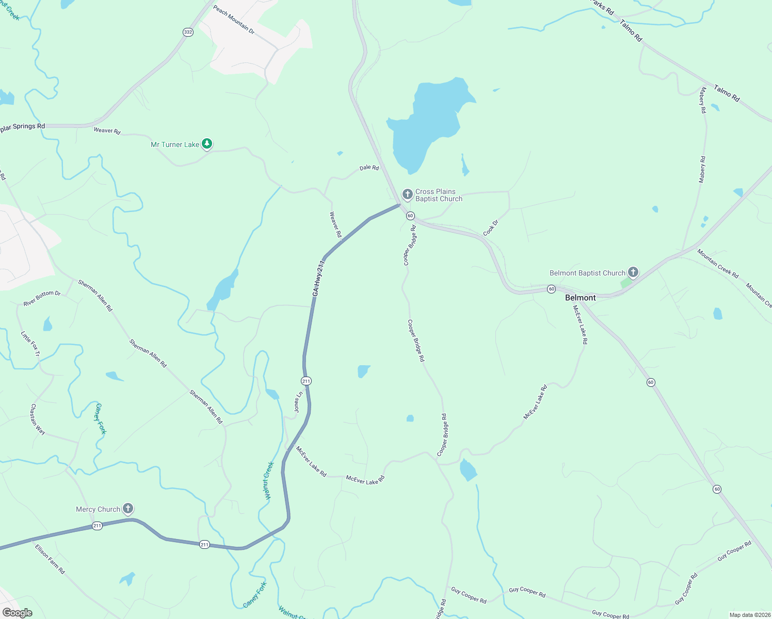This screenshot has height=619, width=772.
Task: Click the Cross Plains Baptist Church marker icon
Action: [407, 194]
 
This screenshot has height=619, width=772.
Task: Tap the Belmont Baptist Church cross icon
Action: [633, 272]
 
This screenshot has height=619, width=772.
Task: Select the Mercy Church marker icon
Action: [128, 509]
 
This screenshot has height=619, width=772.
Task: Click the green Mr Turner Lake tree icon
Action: [207, 144]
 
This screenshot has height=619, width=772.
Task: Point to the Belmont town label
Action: [580, 298]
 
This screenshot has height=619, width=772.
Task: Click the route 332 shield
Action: [188, 32]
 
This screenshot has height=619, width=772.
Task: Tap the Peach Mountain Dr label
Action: [234, 20]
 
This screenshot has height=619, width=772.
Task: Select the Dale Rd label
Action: [369, 168]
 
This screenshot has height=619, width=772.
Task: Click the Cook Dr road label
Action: [491, 228]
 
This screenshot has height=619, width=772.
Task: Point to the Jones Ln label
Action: [298, 402]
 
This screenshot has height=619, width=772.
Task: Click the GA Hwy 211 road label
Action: [319, 278]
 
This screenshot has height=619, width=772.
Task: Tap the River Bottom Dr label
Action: [42, 298]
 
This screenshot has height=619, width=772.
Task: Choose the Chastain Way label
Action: [37, 419]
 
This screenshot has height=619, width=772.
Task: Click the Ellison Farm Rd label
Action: [50, 559]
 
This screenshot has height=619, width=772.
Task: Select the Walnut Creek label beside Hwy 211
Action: [268, 480]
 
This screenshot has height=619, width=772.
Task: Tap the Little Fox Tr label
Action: [30, 344]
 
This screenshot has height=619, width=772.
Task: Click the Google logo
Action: [17, 613]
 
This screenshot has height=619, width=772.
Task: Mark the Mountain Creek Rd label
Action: [718, 264]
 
